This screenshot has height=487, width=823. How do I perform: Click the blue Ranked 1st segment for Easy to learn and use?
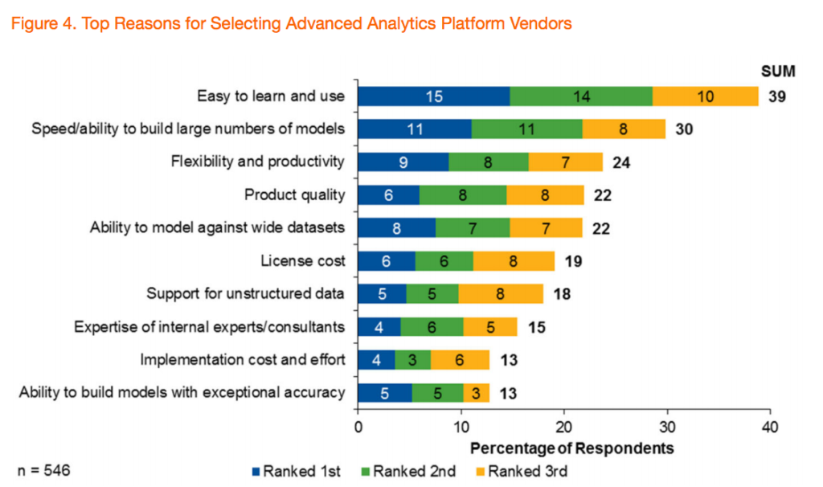[x=433, y=96]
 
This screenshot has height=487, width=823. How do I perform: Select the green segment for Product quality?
[x=463, y=195]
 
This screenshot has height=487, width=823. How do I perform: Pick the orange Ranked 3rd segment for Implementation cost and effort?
[x=460, y=360]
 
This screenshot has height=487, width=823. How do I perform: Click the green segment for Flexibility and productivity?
[x=489, y=162]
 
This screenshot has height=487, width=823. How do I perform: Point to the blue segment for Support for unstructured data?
[x=382, y=294]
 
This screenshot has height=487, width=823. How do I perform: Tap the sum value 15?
[x=537, y=327]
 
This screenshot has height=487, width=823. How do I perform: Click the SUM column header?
[x=777, y=72]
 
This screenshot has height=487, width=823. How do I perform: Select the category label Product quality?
[x=294, y=195]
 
